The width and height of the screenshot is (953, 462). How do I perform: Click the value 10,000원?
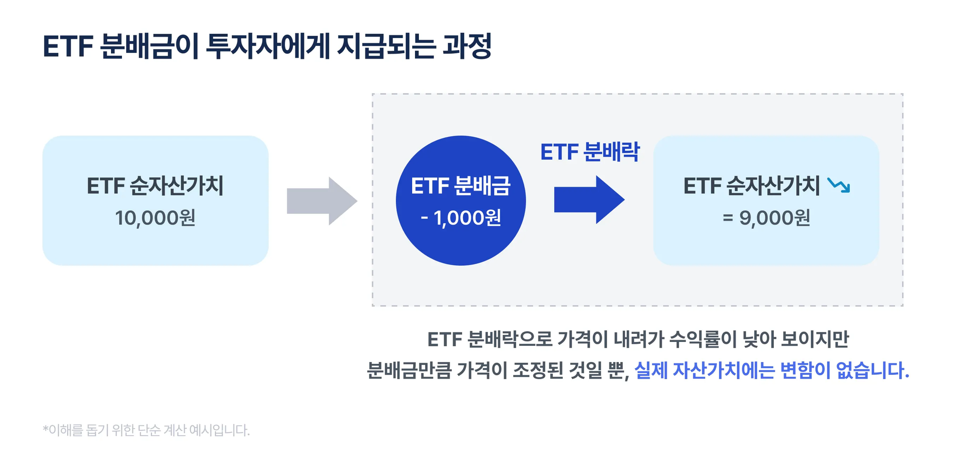click(x=155, y=218)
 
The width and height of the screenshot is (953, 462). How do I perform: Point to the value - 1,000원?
click(x=461, y=218)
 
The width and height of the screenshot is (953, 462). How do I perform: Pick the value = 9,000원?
click(x=766, y=218)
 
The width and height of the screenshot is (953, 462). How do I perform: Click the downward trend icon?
click(x=839, y=185)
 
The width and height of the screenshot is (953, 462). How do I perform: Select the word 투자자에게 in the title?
click(x=268, y=46)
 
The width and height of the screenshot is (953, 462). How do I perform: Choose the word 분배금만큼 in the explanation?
click(x=409, y=370)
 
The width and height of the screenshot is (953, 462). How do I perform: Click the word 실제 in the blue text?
click(x=651, y=370)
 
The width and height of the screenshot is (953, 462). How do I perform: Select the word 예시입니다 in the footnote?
click(x=219, y=430)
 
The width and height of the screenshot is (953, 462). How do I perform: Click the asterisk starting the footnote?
click(x=46, y=429)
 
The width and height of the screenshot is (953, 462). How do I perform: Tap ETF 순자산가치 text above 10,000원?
click(x=155, y=186)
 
